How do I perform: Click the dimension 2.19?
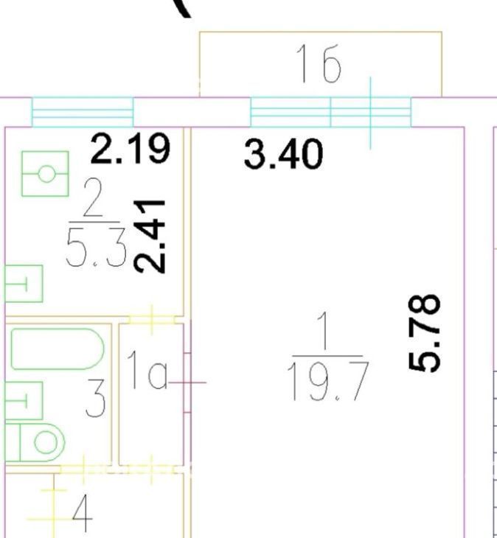(x=130, y=149)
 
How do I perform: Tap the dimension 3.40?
(x=283, y=154)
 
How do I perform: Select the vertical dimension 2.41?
(x=150, y=237)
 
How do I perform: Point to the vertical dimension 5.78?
(x=425, y=333)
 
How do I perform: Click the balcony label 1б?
(x=319, y=64)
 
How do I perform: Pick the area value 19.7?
(x=328, y=381)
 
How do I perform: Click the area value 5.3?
(x=97, y=247)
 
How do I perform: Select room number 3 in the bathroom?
(x=95, y=398)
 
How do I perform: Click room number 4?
(x=83, y=513)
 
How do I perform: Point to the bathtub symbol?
(x=58, y=349)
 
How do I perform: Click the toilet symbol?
(x=35, y=442)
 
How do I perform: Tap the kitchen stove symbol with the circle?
(x=45, y=174)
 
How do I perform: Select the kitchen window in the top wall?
(x=83, y=112)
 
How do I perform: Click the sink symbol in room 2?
(x=24, y=284)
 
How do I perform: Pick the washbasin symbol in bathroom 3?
(x=24, y=400)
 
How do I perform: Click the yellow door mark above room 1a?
(x=152, y=320)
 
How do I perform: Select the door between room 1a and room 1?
(x=187, y=382)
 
